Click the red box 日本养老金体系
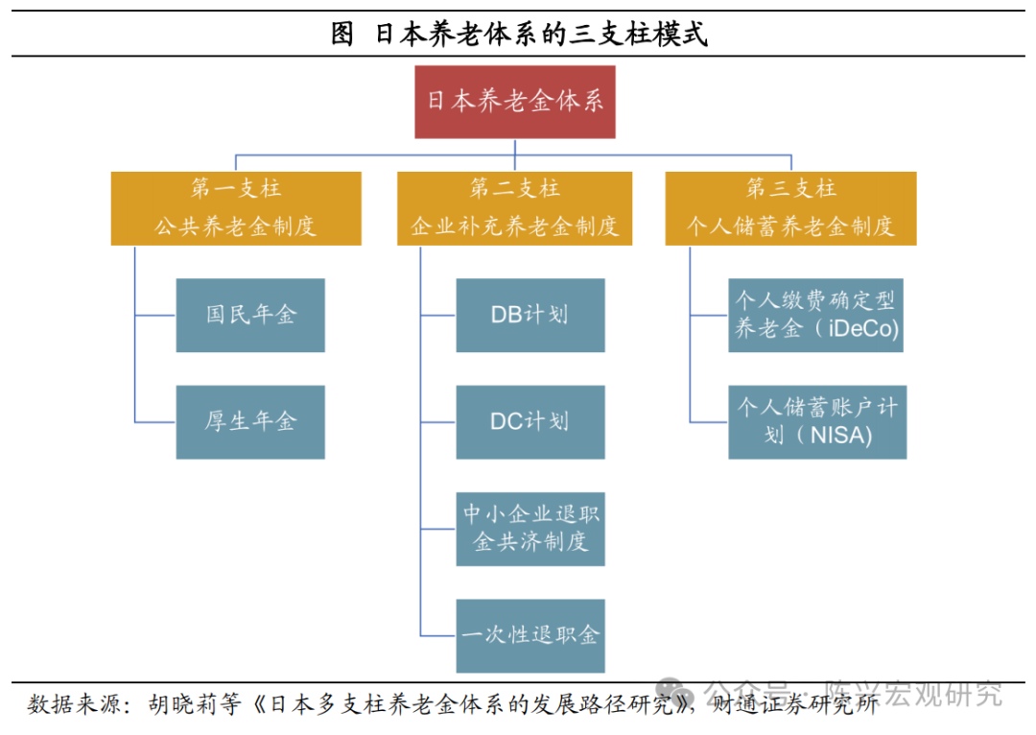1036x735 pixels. tap(515, 102)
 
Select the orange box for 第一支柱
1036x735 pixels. tap(236, 207)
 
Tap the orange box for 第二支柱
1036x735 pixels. tap(515, 207)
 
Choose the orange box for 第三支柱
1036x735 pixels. tap(791, 207)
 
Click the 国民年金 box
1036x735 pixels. tap(250, 315)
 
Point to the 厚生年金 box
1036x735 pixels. tap(250, 421)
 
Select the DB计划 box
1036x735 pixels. tap(530, 315)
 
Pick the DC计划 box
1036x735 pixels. tap(530, 421)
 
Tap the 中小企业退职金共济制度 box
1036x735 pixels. tap(530, 528)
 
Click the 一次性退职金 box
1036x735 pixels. tap(530, 635)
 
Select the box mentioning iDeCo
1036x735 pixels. tap(816, 315)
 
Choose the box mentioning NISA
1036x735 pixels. tap(816, 421)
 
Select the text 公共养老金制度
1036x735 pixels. tap(236, 226)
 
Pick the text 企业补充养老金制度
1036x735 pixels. tap(515, 226)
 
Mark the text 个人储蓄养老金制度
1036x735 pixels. tap(791, 226)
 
